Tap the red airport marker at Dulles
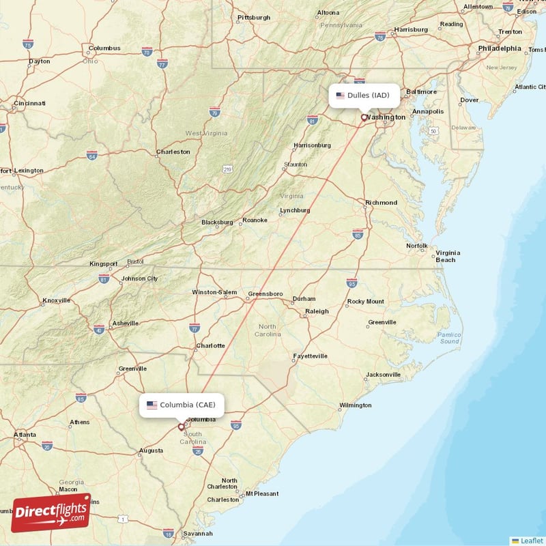click(364, 117)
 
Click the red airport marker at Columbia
click(181, 427)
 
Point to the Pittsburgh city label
click(254, 17)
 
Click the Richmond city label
click(381, 203)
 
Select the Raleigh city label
click(317, 311)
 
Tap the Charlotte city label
click(210, 345)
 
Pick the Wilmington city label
click(356, 405)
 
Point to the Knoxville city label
click(56, 300)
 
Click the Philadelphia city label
click(499, 48)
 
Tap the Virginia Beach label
click(447, 256)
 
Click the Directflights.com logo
click(51, 512)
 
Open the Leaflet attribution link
click(532, 541)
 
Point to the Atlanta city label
click(25, 435)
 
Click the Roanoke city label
click(255, 220)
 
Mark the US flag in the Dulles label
click(341, 96)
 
